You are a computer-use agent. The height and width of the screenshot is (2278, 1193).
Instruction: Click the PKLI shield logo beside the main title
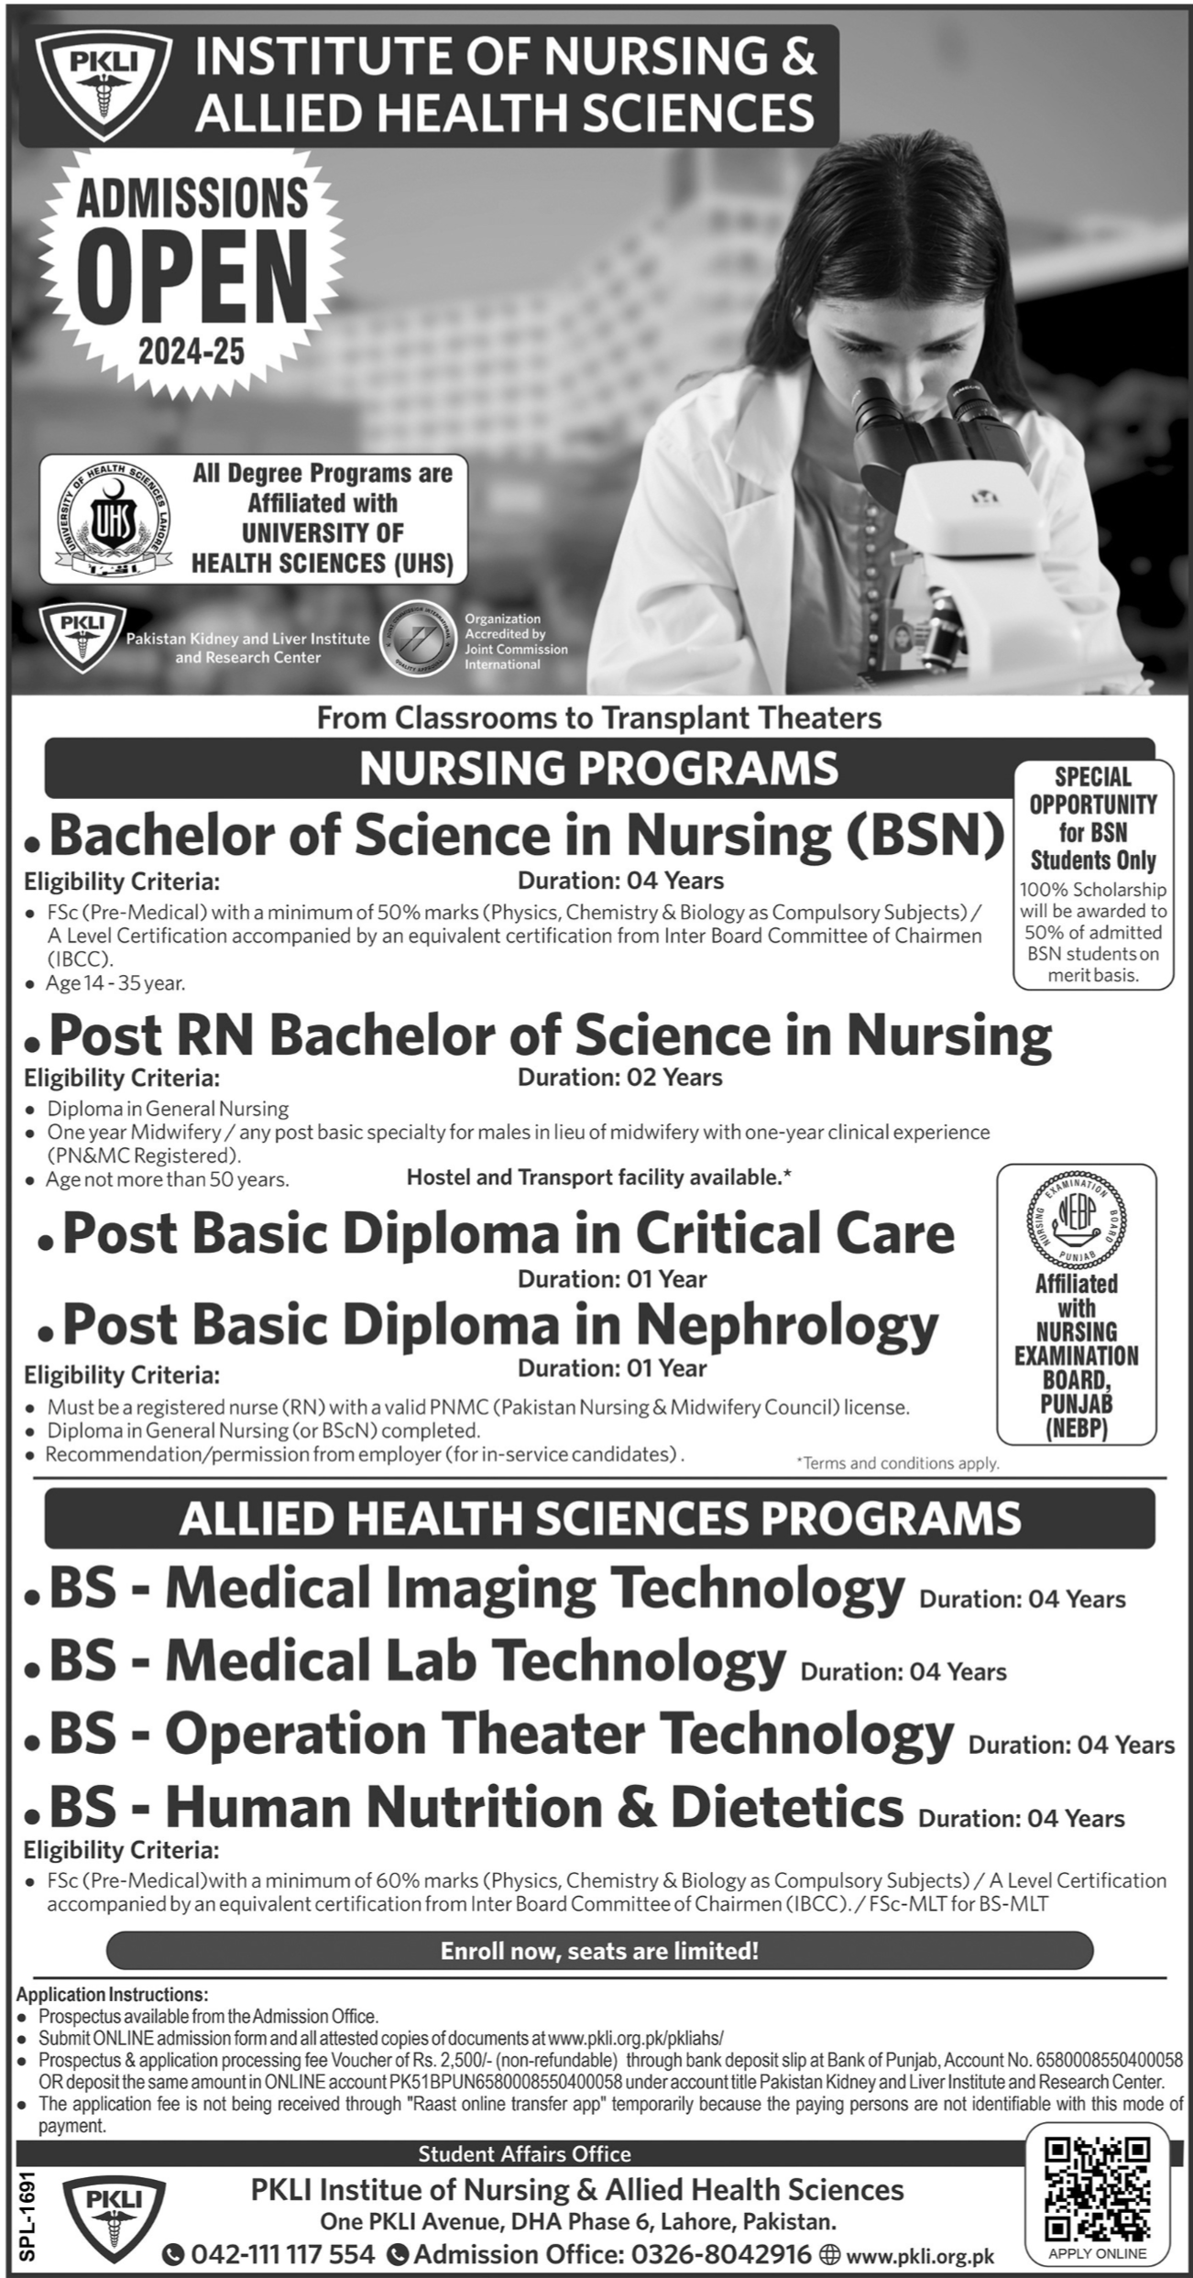tap(103, 86)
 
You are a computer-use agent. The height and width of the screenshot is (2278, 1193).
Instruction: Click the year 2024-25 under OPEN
tap(192, 351)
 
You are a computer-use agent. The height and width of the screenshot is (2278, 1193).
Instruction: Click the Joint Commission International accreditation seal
tap(420, 641)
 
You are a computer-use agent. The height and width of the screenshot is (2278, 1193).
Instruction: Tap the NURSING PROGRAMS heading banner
tap(598, 768)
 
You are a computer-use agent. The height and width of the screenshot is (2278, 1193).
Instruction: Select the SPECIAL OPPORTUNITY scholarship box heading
tap(1092, 818)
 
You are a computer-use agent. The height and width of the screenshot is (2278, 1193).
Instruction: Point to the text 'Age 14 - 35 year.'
tap(116, 984)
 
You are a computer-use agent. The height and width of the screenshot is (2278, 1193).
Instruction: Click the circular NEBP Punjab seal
tap(1076, 1220)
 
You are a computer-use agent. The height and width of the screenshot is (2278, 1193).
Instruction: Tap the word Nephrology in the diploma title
tap(787, 1324)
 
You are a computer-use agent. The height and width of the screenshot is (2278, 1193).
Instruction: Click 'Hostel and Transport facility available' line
tap(598, 1177)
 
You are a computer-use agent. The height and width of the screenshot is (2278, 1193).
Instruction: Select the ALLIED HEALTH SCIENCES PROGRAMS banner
tap(599, 1517)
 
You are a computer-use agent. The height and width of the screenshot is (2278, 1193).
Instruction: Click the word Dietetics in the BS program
tap(787, 1807)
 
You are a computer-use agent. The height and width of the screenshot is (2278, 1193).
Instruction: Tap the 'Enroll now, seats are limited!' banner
tap(599, 1951)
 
